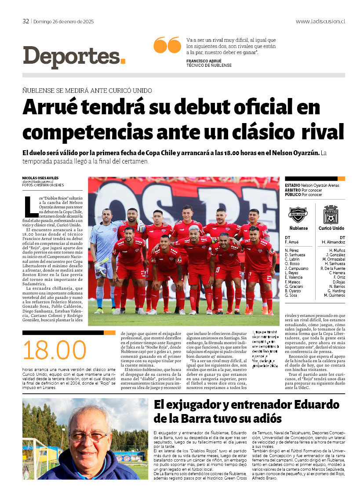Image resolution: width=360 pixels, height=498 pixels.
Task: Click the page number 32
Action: [26, 21]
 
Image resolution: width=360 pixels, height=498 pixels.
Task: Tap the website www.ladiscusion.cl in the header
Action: [320, 21]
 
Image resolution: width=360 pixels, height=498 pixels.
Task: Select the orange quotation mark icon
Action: [167, 45]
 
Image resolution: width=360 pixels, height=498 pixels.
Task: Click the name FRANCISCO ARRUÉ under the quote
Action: [204, 61]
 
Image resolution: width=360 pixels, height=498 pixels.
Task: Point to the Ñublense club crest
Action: [298, 214]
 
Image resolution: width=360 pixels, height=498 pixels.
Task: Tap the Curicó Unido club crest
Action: [331, 214]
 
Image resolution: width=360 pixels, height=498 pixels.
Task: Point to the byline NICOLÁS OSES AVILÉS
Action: [40, 178]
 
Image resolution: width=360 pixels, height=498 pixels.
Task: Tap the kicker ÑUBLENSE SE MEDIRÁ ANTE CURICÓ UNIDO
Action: [87, 91]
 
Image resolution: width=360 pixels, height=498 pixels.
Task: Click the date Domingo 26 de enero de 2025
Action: [64, 21]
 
